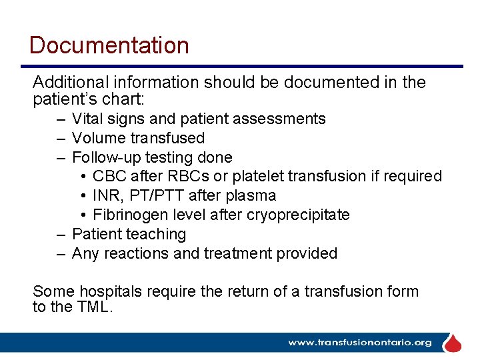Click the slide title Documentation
(x=109, y=45)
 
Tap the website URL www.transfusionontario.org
(x=360, y=343)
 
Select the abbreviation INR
(x=106, y=196)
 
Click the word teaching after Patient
(x=157, y=234)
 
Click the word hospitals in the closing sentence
(x=109, y=291)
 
